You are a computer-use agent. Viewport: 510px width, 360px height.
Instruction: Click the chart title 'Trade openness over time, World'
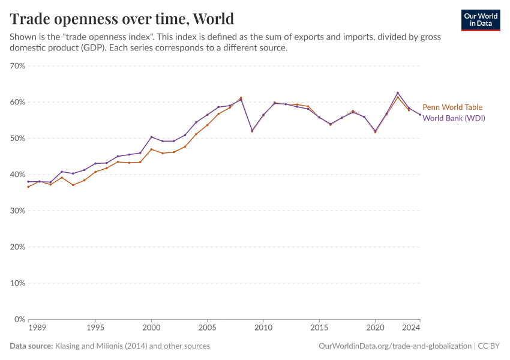122,19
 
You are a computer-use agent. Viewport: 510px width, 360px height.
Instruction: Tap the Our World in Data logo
481,20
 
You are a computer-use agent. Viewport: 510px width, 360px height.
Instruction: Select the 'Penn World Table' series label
452,107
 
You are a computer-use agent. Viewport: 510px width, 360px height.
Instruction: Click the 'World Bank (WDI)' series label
454,118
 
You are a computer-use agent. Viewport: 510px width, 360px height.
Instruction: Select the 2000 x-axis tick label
151,328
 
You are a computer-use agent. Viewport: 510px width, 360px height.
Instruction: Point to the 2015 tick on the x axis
319,328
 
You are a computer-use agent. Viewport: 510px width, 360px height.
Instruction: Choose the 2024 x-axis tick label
412,328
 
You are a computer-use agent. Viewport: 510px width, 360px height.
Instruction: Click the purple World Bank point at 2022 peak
398,93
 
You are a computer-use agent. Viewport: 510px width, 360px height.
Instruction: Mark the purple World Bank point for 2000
151,137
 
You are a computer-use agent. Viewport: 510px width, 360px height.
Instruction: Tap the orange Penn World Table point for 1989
28,187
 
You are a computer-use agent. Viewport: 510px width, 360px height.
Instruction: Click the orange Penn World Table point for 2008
241,98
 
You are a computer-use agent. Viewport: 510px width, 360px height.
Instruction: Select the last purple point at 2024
420,115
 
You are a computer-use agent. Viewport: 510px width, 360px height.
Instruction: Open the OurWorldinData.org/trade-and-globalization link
395,346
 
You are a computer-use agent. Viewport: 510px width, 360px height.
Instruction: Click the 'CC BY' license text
489,346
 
